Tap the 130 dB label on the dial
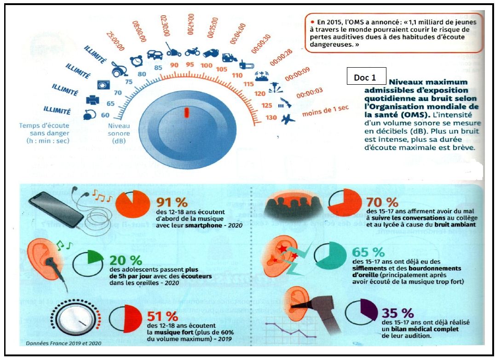coord(271,117)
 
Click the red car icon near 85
coord(155,54)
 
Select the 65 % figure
coord(368,252)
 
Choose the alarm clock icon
coord(135,60)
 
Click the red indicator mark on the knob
coord(186,112)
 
